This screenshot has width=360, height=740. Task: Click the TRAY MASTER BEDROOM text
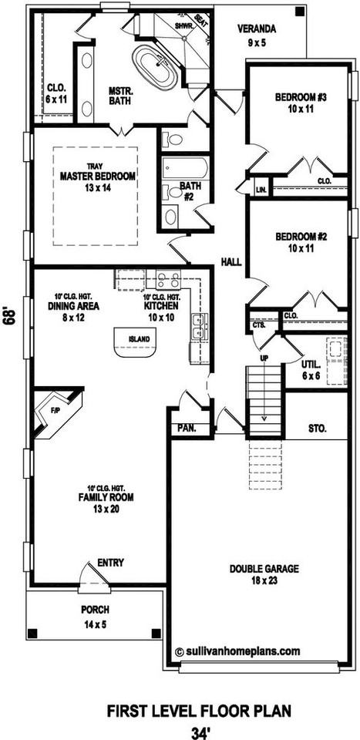coord(97,177)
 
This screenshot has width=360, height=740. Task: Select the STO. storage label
coord(317,426)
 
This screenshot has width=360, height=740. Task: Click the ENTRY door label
coord(110,563)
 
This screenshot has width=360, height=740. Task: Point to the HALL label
coord(230,263)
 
